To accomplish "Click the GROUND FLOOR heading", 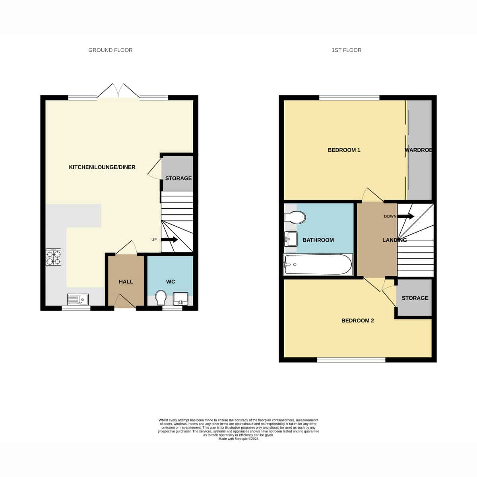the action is pyautogui.click(x=111, y=50).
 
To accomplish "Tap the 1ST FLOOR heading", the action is pyautogui.click(x=346, y=50).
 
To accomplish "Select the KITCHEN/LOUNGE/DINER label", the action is pyautogui.click(x=102, y=167).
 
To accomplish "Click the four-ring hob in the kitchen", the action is pyautogui.click(x=54, y=257).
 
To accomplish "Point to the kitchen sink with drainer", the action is pyautogui.click(x=78, y=299).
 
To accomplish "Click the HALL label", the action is pyautogui.click(x=126, y=282).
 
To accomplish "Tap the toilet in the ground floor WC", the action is pyautogui.click(x=161, y=298).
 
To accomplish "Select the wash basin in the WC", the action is pyautogui.click(x=180, y=299).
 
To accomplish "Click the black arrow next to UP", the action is pyautogui.click(x=170, y=240).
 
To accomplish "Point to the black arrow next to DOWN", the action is pyautogui.click(x=406, y=216).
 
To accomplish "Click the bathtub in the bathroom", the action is pyautogui.click(x=318, y=264).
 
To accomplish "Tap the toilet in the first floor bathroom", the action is pyautogui.click(x=295, y=217).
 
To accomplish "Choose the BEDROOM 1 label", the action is pyautogui.click(x=344, y=150).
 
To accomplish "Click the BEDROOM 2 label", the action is pyautogui.click(x=357, y=320).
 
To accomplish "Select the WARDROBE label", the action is pyautogui.click(x=418, y=150).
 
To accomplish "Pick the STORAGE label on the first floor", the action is pyautogui.click(x=415, y=298).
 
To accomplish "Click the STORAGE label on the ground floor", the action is pyautogui.click(x=178, y=178).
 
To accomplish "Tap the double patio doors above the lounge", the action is pyautogui.click(x=118, y=91).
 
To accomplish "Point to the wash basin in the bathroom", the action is pyautogui.click(x=291, y=239).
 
